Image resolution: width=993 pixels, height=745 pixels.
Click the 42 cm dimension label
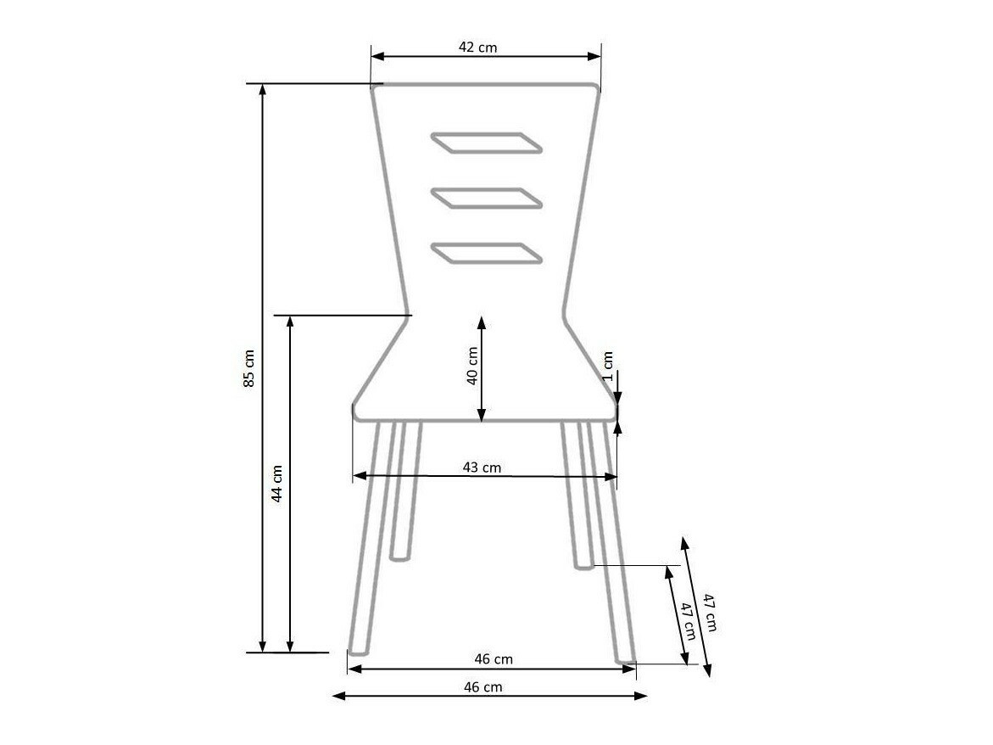[x=477, y=48]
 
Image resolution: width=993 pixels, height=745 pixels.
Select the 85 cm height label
[x=248, y=368]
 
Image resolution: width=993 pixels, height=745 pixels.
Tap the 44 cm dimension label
[x=276, y=484]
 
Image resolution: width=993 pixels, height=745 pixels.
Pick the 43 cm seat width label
[x=482, y=468]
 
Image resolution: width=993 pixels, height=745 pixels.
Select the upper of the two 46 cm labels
[x=494, y=658]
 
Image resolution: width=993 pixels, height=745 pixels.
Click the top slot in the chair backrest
[x=486, y=143]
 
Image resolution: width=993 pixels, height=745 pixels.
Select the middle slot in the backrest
[x=486, y=198]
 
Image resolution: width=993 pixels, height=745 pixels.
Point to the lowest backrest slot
[x=486, y=253]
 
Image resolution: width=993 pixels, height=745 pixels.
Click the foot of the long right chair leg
[x=625, y=658]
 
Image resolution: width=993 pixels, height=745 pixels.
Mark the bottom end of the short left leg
[x=399, y=557]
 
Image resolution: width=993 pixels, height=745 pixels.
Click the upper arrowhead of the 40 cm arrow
[x=481, y=321]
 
